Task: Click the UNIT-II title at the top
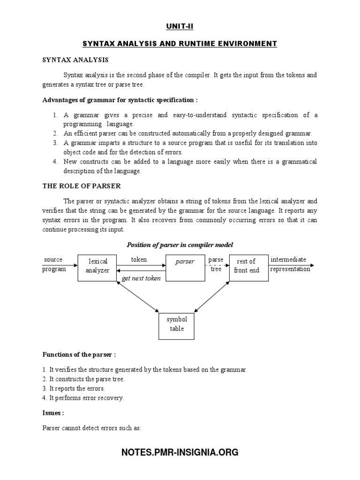pos(180,27)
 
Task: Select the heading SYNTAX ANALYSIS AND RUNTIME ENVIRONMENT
pos(180,44)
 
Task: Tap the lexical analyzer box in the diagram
pos(97,266)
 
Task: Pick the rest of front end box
pos(246,266)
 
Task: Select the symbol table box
pos(177,324)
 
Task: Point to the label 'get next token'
pos(141,278)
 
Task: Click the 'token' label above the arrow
pos(139,259)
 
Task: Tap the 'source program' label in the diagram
pos(53,264)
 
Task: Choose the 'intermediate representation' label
pos(290,264)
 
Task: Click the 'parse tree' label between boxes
pos(216,264)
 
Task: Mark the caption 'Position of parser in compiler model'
pos(180,245)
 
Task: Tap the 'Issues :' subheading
pos(53,413)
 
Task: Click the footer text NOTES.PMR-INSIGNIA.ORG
pos(180,452)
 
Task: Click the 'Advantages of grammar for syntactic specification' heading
pos(120,100)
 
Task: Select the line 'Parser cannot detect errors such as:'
pos(91,428)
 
